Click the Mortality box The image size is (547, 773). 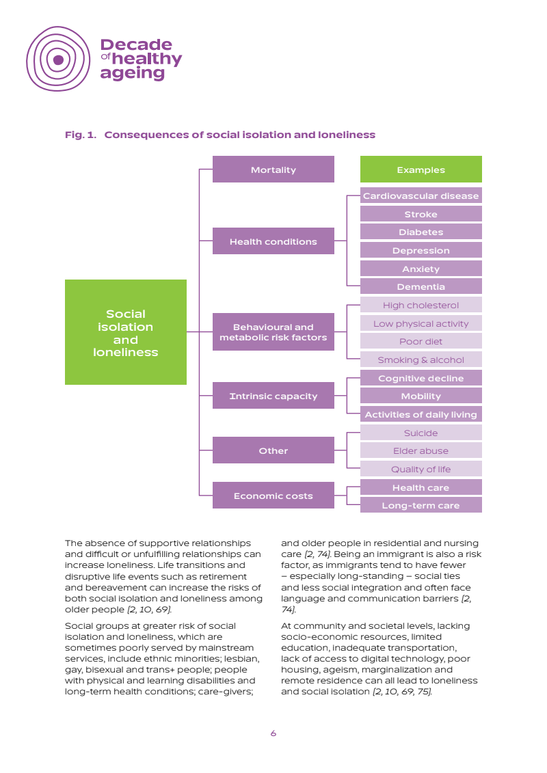pyautogui.click(x=273, y=169)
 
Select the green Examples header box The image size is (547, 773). pyautogui.click(x=421, y=169)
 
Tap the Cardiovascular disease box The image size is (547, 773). pyautogui.click(x=421, y=196)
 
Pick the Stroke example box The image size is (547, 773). pyautogui.click(x=421, y=214)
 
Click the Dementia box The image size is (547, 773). pyautogui.click(x=421, y=287)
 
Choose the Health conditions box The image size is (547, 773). pyautogui.click(x=273, y=241)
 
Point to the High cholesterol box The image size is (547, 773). pyautogui.click(x=421, y=306)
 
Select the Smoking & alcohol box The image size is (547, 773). pyautogui.click(x=421, y=360)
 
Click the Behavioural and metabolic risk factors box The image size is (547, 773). pyautogui.click(x=273, y=332)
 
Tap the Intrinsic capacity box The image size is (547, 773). pyautogui.click(x=273, y=396)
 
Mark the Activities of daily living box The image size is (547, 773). pyautogui.click(x=421, y=414)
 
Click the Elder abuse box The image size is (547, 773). pyautogui.click(x=421, y=451)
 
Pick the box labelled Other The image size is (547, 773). pyautogui.click(x=273, y=450)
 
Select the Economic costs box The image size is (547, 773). pyautogui.click(x=273, y=496)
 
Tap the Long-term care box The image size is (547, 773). pyautogui.click(x=421, y=506)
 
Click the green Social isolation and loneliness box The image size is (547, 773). pyautogui.click(x=125, y=333)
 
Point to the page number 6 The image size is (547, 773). pyautogui.click(x=273, y=733)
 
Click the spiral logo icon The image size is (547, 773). pyautogui.click(x=58, y=59)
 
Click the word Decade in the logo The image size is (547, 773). pyautogui.click(x=136, y=45)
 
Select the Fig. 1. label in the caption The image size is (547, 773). pyautogui.click(x=80, y=135)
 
